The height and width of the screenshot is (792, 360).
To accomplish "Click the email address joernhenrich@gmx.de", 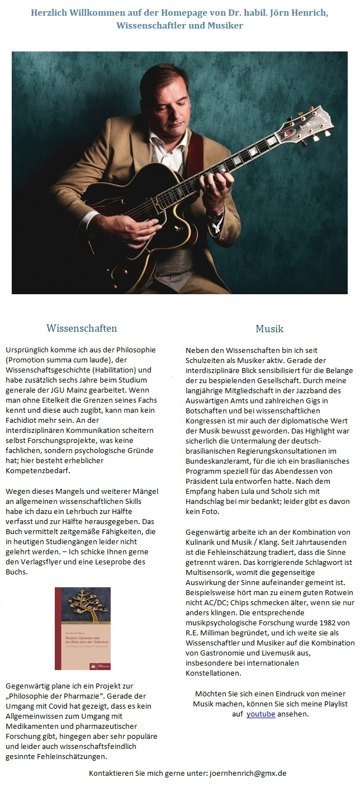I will tap(248, 774).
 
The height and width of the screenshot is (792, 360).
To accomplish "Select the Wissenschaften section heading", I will tap(82, 328).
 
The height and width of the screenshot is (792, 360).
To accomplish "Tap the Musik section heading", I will tap(269, 328).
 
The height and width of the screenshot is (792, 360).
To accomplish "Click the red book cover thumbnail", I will tap(82, 628).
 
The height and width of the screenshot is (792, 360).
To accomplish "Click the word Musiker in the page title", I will tap(222, 26).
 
